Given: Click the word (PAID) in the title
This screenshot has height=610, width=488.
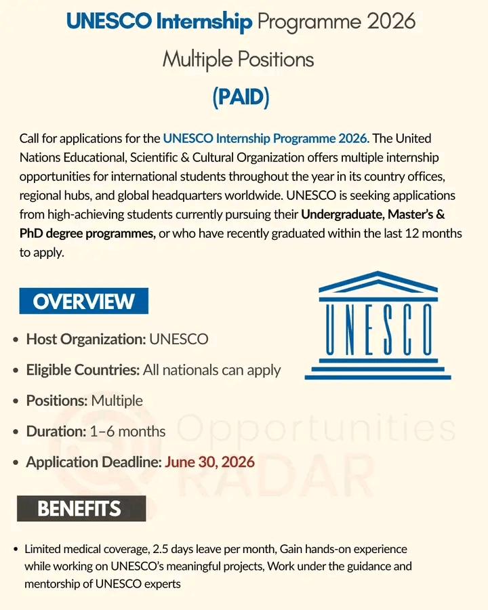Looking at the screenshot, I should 241,97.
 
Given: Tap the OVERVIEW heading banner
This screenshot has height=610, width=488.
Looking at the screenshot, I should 83,301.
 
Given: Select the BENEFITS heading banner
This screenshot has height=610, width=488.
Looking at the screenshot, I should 81,508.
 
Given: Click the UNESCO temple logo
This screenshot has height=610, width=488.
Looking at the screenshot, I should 378,325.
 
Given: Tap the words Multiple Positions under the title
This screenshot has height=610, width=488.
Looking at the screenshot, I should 238,60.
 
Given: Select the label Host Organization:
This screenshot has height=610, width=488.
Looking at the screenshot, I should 86,339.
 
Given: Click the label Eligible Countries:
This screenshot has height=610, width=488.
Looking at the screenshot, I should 83,370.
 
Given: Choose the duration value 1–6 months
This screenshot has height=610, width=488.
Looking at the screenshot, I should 127,431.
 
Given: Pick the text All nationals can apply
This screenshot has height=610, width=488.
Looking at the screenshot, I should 212,370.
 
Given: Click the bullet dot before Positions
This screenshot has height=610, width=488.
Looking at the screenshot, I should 16,401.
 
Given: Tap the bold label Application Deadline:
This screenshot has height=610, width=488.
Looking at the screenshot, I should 94,462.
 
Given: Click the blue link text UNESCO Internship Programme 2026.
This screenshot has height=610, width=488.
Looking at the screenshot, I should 266,139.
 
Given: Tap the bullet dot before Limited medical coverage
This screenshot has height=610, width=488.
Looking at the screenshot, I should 16,549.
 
